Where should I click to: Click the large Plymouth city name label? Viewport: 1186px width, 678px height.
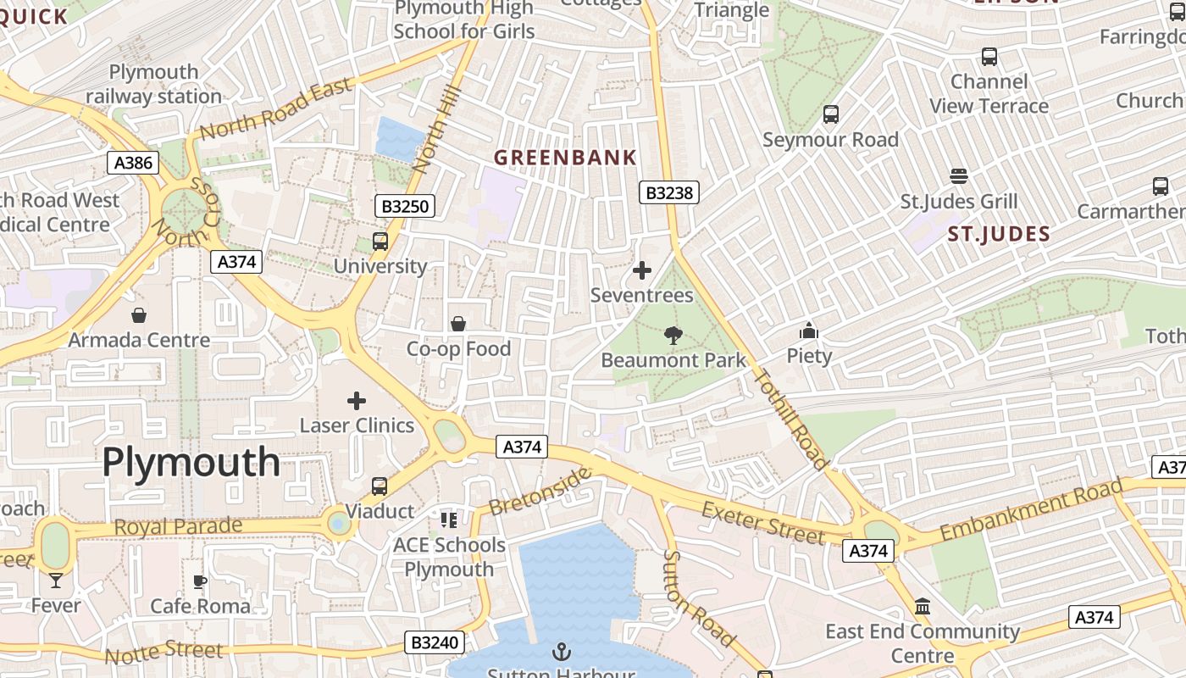click(191, 463)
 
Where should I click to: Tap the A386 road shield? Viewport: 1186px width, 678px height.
click(133, 163)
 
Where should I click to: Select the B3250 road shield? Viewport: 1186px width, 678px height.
click(405, 206)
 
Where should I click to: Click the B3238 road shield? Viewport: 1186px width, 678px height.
click(668, 193)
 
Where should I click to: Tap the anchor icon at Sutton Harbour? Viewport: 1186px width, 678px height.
click(561, 652)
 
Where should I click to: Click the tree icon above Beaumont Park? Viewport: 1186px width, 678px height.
click(673, 336)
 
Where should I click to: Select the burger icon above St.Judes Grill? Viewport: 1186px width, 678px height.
click(958, 176)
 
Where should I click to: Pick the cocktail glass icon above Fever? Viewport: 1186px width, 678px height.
click(56, 581)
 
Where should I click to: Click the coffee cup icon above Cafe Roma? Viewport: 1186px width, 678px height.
click(200, 581)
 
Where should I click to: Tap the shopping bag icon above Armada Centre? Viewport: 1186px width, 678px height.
click(139, 315)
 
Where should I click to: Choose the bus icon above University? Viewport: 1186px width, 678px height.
click(380, 242)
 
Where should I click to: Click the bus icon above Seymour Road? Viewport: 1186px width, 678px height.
click(830, 114)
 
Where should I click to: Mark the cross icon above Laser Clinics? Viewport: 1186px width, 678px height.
click(357, 400)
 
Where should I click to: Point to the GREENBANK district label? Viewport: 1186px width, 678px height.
click(565, 158)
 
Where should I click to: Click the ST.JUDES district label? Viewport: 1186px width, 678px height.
click(999, 234)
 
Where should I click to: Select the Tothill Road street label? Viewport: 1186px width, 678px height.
click(790, 420)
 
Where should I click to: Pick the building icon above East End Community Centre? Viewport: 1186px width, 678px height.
click(923, 607)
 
